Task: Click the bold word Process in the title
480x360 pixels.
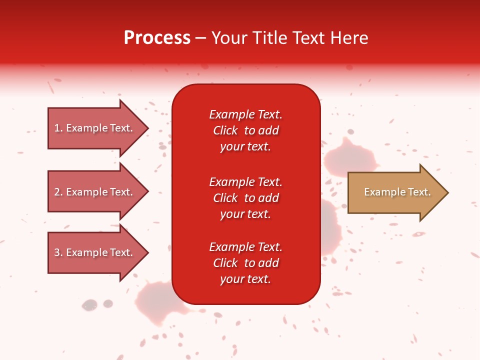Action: [x=157, y=38]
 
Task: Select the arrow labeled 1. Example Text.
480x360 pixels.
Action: [x=95, y=128]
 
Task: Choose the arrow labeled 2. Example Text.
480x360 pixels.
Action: [x=95, y=192]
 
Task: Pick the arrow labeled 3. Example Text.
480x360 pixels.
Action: [x=95, y=252]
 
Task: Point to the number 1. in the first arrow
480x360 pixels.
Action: [x=58, y=128]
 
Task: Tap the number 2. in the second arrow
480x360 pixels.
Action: [x=58, y=192]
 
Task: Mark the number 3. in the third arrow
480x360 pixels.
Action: [x=58, y=252]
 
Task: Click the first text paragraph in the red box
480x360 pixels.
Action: [x=245, y=130]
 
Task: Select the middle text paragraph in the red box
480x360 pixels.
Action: [x=245, y=198]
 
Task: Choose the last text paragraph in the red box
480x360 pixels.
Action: [x=245, y=263]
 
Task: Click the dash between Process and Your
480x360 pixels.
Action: [x=200, y=38]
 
